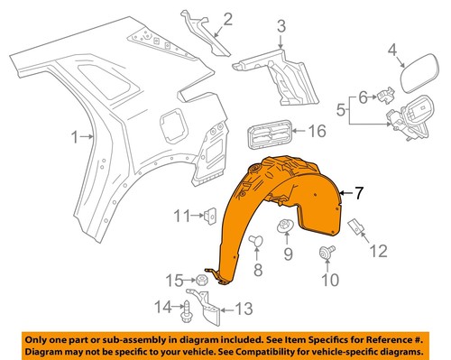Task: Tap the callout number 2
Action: click(x=227, y=18)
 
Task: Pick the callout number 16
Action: click(x=315, y=132)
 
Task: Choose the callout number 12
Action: click(x=379, y=250)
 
